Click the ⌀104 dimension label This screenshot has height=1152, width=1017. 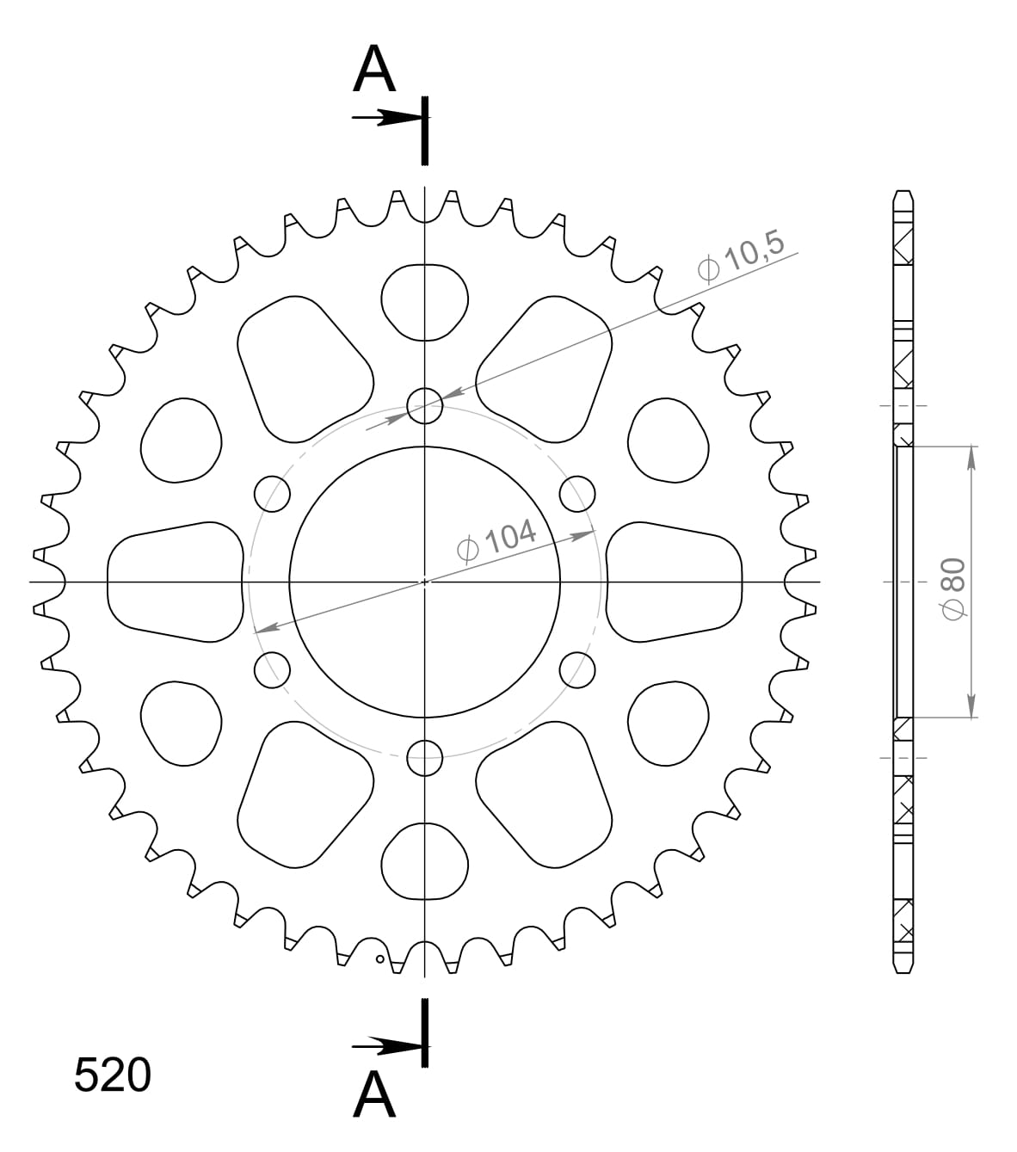(497, 540)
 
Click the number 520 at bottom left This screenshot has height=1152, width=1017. (113, 1075)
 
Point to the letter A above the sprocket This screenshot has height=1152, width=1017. (374, 70)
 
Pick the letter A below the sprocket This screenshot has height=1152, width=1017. (374, 1095)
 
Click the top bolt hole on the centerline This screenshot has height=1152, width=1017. (424, 405)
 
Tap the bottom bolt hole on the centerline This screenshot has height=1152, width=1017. (424, 758)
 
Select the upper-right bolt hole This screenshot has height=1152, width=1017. (576, 494)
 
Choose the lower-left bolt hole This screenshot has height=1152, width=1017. (273, 669)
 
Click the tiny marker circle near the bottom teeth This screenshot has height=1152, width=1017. (379, 959)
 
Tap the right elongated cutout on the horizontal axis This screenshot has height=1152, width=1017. (674, 582)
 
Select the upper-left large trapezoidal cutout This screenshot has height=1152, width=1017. (302, 367)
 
